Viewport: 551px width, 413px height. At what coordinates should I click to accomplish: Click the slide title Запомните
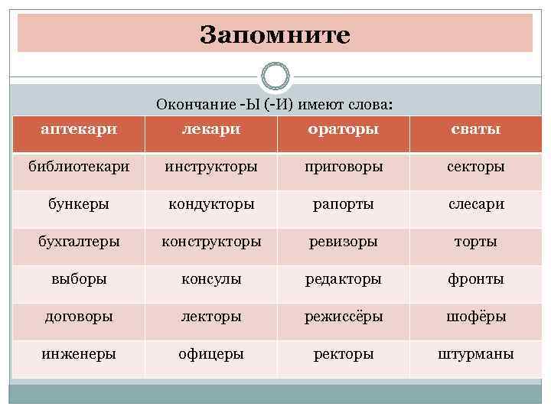[275, 35]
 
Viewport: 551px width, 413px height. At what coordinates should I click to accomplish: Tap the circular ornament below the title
[275, 77]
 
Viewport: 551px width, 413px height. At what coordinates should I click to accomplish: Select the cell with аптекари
[79, 128]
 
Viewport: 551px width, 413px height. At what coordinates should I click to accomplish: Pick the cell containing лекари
[210, 128]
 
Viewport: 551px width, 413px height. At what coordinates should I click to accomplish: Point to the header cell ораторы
[343, 128]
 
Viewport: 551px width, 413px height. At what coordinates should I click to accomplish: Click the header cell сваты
[476, 128]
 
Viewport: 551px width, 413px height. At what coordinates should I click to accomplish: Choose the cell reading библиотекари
[79, 166]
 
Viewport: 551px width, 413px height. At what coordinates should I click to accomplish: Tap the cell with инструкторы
[210, 166]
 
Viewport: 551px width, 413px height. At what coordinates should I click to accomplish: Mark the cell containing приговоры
[343, 166]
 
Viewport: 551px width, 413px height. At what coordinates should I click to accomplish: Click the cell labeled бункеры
[79, 203]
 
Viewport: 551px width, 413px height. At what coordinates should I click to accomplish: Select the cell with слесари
[476, 203]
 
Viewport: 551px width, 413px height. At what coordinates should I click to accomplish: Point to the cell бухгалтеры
[79, 241]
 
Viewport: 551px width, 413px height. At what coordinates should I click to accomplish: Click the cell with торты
[476, 241]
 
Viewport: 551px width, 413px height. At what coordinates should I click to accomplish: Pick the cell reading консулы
[210, 279]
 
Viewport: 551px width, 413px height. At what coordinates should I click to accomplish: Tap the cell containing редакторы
[343, 279]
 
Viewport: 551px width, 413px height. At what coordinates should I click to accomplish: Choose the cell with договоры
[79, 316]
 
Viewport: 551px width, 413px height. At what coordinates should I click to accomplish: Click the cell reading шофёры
[476, 316]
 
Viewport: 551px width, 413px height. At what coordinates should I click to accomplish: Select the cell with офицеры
[210, 354]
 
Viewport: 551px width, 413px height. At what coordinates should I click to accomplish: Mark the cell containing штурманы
[476, 354]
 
